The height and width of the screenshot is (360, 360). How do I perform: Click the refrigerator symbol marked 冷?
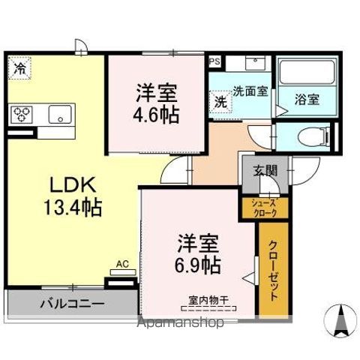click(19, 68)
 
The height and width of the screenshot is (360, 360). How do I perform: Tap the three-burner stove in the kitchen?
click(22, 114)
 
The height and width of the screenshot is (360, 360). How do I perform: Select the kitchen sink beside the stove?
click(58, 114)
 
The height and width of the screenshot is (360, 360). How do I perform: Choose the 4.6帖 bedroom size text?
click(157, 116)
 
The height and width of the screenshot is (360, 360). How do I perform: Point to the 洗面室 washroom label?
click(250, 91)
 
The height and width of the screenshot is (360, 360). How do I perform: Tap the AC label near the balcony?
click(122, 264)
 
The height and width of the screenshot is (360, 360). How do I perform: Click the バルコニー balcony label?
click(73, 304)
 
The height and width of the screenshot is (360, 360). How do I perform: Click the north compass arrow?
click(339, 319)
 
